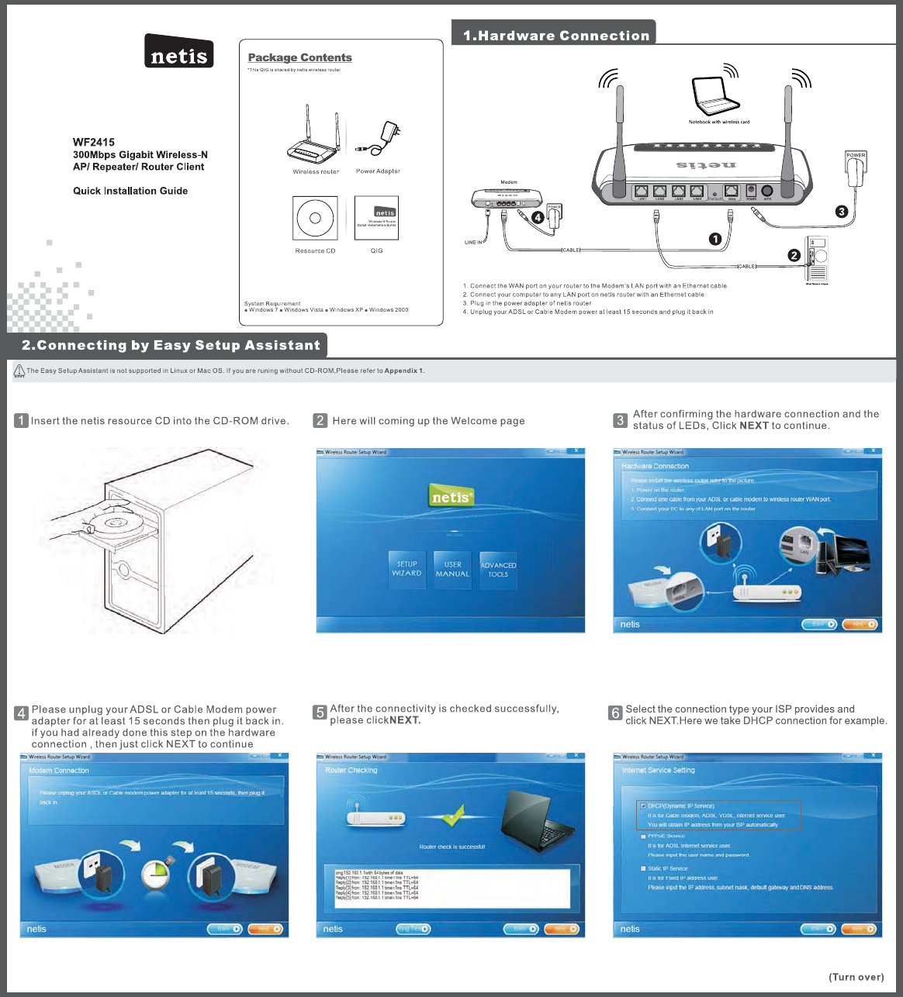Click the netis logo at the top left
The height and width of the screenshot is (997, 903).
[x=178, y=52]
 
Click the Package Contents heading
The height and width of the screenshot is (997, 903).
[x=299, y=57]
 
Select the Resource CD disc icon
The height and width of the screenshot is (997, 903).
[x=315, y=218]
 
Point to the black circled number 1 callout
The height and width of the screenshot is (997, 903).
[x=716, y=239]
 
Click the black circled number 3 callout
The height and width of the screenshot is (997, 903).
[x=842, y=211]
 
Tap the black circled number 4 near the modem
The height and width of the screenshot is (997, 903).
[x=538, y=218]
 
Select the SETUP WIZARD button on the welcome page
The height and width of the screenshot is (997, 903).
[x=407, y=569]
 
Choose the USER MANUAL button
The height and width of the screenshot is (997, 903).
[x=452, y=569]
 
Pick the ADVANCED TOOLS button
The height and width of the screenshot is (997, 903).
[x=498, y=570]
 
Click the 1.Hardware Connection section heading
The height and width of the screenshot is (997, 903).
[x=555, y=36]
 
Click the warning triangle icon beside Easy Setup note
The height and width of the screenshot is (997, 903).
[x=19, y=371]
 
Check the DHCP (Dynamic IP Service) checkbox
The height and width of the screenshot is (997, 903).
[x=643, y=806]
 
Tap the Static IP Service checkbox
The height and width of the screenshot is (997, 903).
[x=643, y=869]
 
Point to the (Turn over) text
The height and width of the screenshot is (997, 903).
[x=856, y=977]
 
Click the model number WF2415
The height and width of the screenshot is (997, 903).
[x=94, y=142]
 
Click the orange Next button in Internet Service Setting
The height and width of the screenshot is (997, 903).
[x=859, y=929]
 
